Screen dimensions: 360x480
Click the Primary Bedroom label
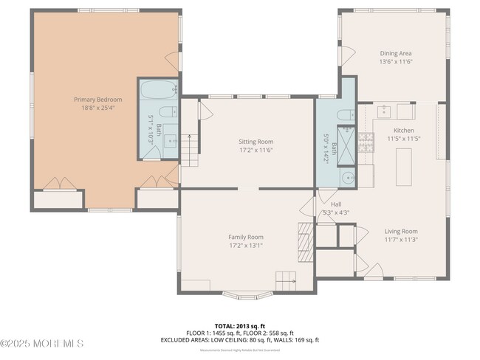(x=97, y=99)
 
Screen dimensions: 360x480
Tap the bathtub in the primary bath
(x=157, y=91)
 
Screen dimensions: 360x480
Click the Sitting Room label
(x=256, y=141)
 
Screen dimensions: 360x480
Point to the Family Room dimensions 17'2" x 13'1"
(x=246, y=246)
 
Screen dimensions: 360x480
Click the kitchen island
(x=404, y=167)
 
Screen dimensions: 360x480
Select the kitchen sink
(x=384, y=111)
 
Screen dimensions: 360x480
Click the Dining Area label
(x=394, y=53)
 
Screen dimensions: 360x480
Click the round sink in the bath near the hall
(x=346, y=178)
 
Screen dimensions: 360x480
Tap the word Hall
(x=336, y=204)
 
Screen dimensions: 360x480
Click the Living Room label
(x=401, y=231)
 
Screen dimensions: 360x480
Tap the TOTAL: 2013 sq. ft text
(x=239, y=325)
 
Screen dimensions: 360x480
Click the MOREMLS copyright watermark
(x=42, y=343)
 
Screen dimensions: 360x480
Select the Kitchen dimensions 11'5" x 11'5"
(x=404, y=138)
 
